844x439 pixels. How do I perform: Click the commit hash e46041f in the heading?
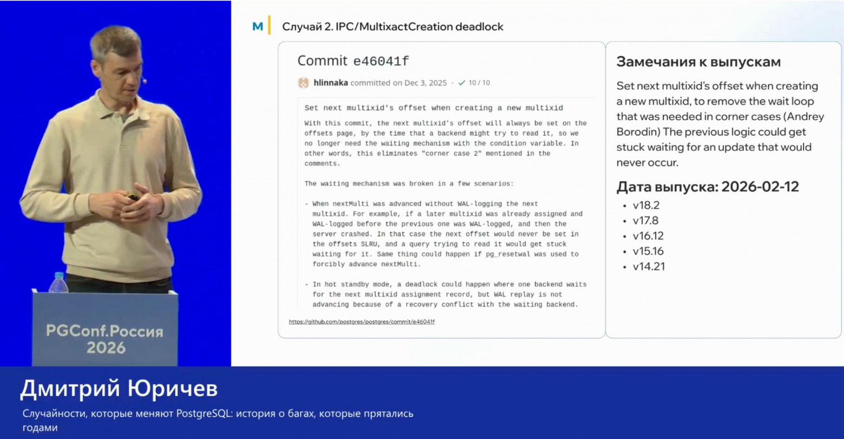coord(381,61)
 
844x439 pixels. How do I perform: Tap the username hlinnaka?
coord(331,83)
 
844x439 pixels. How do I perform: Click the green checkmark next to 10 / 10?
coord(461,83)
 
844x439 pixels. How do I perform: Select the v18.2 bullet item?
coord(646,205)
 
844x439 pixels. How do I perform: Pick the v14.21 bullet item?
coord(648,267)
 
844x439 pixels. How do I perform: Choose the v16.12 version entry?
coord(648,236)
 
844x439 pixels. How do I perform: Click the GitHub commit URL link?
coord(361,322)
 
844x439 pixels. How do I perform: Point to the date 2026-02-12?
coord(760,187)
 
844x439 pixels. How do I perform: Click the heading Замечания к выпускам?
coord(698,62)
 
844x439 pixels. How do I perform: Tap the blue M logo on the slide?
coord(258,26)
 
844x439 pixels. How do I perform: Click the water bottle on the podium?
coord(58,283)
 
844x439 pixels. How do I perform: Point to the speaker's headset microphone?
coord(144,81)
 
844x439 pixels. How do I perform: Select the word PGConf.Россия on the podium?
coord(105,331)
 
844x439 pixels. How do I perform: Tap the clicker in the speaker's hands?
coord(132,197)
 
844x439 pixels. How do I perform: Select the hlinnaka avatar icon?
coord(303,83)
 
